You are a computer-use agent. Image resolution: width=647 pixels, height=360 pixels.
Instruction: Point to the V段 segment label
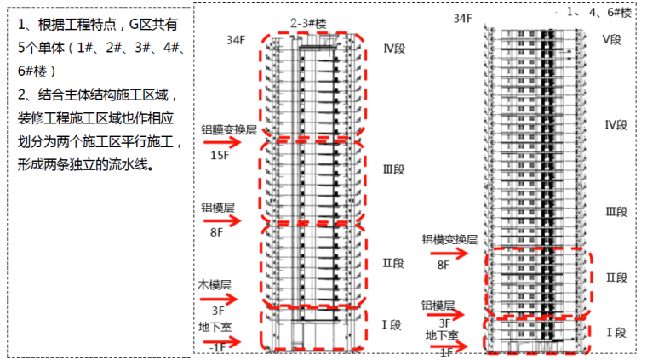[x=614, y=40]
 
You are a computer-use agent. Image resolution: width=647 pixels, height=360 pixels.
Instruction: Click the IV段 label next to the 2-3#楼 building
[x=394, y=49]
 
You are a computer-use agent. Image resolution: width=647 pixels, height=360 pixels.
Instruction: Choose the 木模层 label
[x=215, y=284]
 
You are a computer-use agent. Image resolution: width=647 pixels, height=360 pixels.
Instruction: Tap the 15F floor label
[x=219, y=156]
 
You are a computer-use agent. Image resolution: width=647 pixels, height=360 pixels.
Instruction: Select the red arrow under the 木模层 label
[x=224, y=299]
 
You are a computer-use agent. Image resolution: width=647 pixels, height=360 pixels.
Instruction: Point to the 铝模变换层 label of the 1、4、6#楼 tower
[x=449, y=241]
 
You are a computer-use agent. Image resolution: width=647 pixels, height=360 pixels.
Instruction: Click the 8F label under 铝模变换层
[x=443, y=265]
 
